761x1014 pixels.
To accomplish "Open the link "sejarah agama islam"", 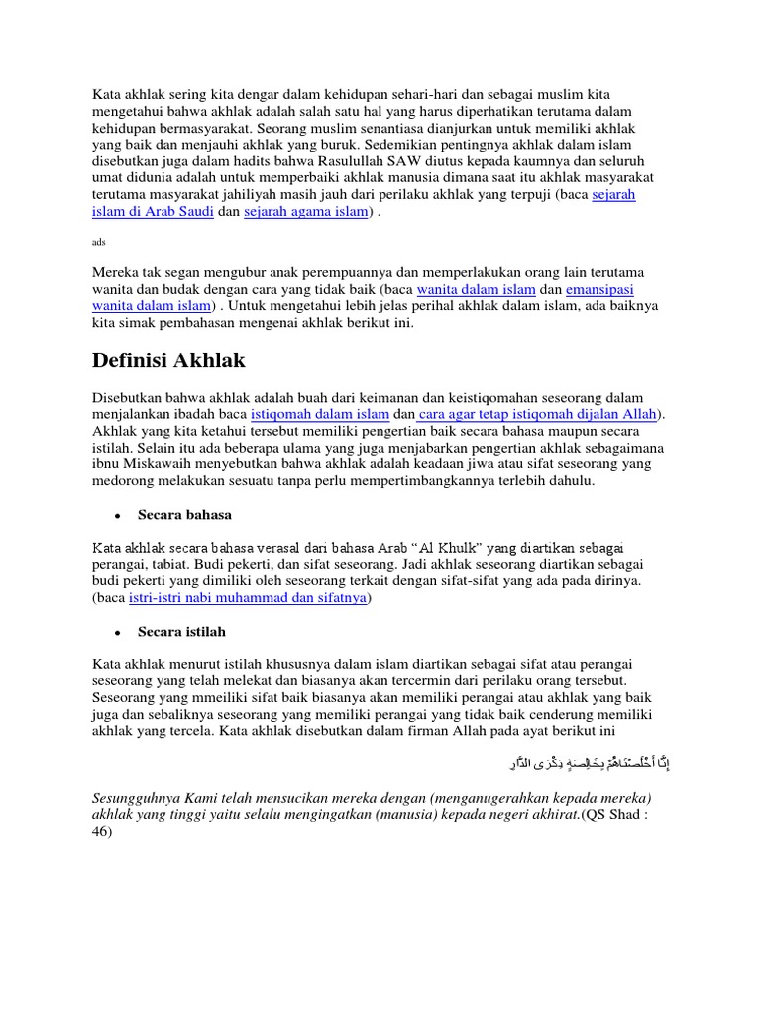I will [305, 213].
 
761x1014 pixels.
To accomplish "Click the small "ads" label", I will [98, 241].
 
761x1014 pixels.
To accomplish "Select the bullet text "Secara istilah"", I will [181, 631].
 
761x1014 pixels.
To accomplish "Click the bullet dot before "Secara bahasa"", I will [117, 516].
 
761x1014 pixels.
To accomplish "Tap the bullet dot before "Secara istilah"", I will [117, 632].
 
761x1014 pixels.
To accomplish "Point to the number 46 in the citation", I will [101, 833].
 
